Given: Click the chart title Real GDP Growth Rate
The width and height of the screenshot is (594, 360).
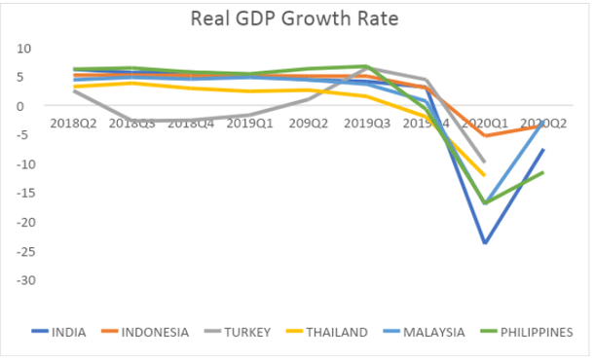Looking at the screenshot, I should (x=297, y=18).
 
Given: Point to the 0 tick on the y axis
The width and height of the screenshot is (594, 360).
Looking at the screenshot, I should (x=28, y=106).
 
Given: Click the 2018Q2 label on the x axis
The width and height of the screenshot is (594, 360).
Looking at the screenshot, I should (x=74, y=125).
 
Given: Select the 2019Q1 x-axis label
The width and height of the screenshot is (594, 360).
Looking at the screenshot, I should (x=249, y=125).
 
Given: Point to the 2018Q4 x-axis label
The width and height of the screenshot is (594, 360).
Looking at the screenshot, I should (x=191, y=125).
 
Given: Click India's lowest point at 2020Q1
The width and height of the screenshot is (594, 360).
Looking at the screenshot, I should (x=484, y=242).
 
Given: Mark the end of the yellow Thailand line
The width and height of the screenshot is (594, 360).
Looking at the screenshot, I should (x=484, y=175).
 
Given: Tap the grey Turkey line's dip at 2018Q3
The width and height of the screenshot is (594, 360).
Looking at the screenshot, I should (x=133, y=121).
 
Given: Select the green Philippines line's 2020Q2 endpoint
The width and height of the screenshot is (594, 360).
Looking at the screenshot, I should (x=542, y=172).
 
